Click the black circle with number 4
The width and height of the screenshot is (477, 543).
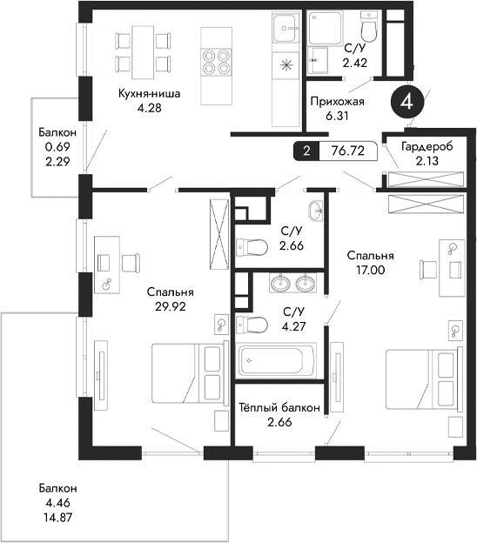click(407, 102)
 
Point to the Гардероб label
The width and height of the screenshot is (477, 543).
click(427, 146)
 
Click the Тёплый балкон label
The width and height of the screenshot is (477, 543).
click(280, 407)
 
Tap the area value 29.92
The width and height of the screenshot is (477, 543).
click(170, 306)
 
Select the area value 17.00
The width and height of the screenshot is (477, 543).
click(370, 270)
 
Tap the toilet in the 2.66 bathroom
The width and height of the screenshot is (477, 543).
click(251, 247)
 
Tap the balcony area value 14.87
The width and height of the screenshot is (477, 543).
click(57, 515)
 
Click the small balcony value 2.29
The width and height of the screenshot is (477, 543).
click(57, 160)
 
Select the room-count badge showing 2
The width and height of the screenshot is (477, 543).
click(306, 151)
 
